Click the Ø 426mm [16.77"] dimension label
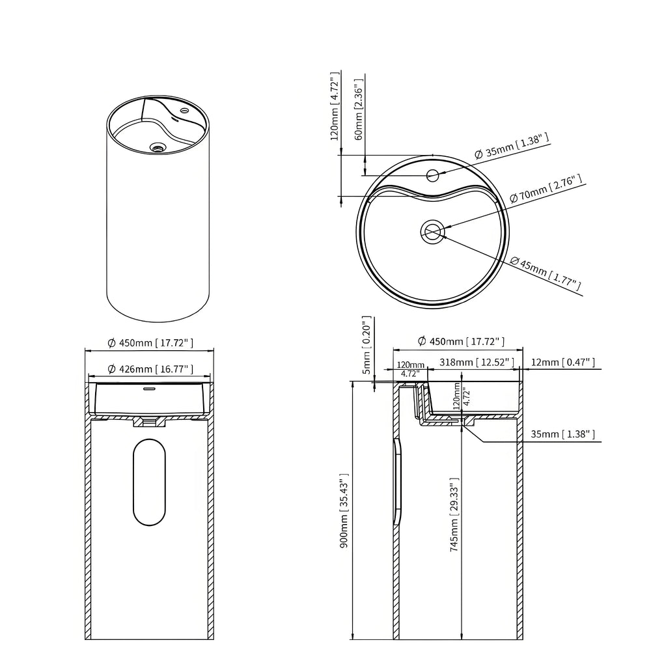point(150,368)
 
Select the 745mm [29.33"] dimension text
point(454,514)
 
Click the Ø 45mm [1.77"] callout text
point(545,273)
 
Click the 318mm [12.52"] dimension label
point(477,362)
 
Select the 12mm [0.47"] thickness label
point(562,362)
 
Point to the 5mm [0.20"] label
point(366,345)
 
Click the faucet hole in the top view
point(433,174)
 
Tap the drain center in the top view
point(433,232)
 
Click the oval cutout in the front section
point(149,482)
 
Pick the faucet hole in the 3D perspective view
point(184,111)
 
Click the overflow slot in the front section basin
point(150,389)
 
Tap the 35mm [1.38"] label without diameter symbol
point(562,434)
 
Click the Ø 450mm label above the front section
point(150,342)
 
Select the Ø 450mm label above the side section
point(461,341)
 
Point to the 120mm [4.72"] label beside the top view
point(335,106)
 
